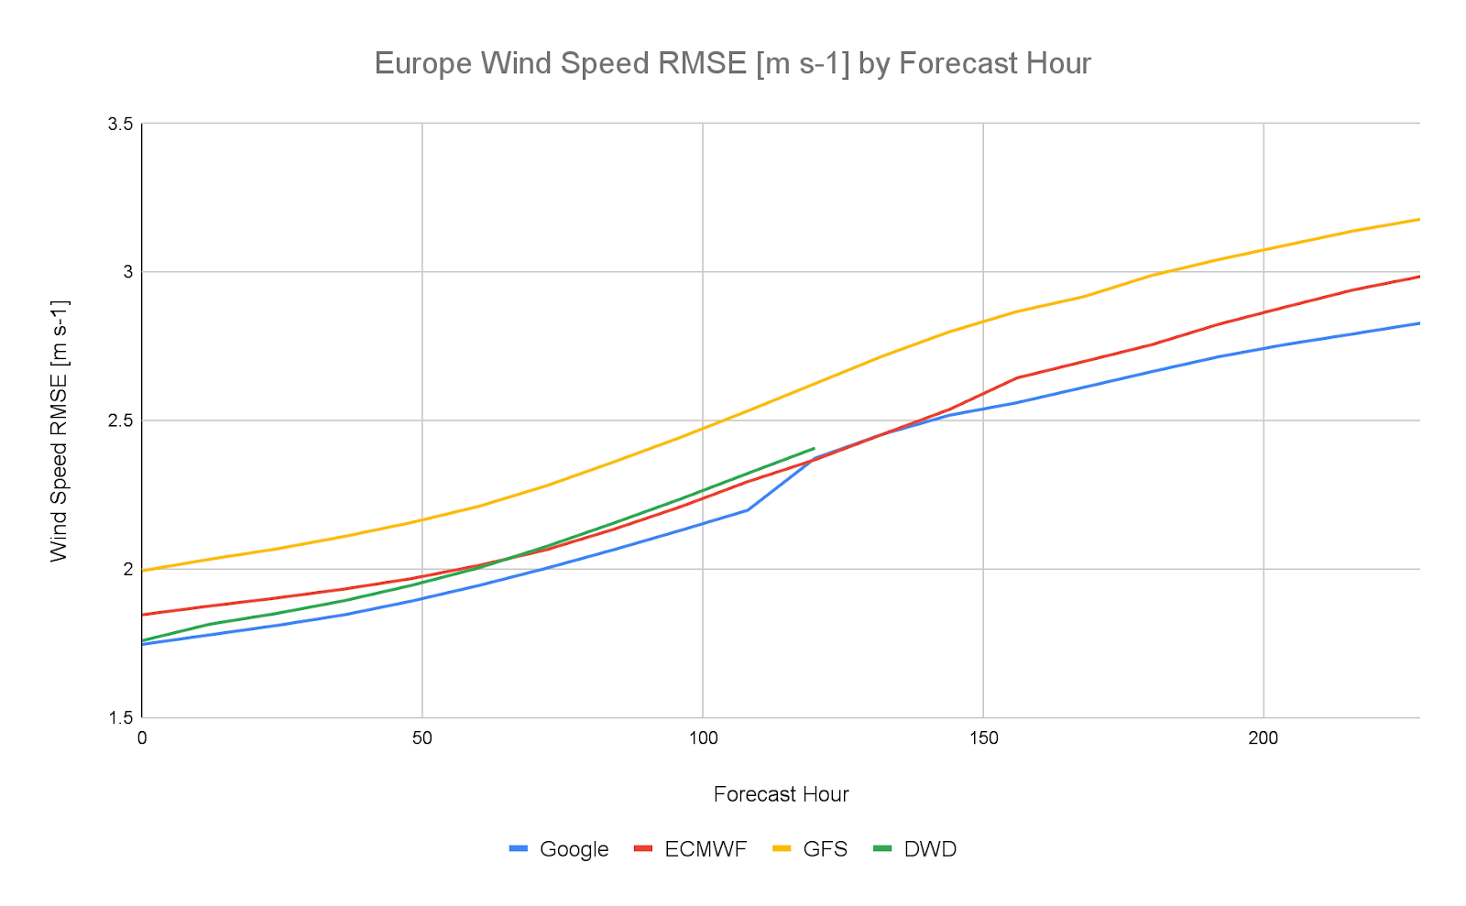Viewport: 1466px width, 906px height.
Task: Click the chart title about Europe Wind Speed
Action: (732, 63)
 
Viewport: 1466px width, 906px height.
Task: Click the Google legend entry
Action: (559, 849)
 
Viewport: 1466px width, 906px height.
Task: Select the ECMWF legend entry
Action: (690, 849)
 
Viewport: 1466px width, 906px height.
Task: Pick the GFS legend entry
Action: (810, 849)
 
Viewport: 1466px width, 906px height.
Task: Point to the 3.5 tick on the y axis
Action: (121, 124)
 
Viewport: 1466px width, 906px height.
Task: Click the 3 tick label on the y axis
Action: (127, 272)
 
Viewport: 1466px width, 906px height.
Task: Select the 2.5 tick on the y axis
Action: (121, 420)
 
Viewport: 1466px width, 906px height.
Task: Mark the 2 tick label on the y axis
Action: (127, 569)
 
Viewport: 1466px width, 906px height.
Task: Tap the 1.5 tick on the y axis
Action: (121, 717)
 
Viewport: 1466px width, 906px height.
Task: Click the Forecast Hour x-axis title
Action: (781, 794)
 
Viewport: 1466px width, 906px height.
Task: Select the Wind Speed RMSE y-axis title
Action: (59, 430)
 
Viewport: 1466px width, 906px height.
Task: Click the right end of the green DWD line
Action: (814, 448)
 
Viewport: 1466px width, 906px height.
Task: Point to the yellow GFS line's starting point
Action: (143, 571)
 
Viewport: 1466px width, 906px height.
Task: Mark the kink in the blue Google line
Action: (748, 509)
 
